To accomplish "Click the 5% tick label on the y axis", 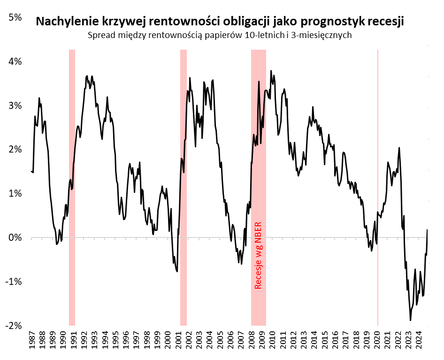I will [15, 17].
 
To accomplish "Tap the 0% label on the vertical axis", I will [15, 237].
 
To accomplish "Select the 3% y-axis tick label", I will [15, 106].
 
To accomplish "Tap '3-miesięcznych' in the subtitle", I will [325, 35].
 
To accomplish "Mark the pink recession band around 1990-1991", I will [72, 188].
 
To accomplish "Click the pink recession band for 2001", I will [184, 188].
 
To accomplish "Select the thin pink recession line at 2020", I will [378, 188].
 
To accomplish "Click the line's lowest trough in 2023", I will [411, 321].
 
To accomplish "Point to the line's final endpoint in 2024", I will [428, 230].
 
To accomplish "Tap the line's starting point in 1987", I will [31, 171].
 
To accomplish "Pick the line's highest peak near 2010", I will [271, 71].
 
